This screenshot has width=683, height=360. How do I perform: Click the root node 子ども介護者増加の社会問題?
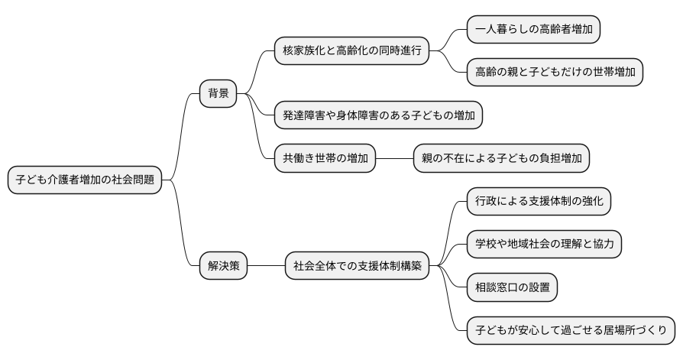point(85,180)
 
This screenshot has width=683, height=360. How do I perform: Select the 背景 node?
point(218,94)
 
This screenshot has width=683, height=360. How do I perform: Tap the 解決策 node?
point(223,266)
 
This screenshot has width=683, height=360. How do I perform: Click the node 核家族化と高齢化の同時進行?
point(351,51)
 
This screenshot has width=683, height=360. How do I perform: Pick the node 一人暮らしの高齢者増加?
point(533,30)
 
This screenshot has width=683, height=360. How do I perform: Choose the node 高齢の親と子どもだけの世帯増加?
point(555,73)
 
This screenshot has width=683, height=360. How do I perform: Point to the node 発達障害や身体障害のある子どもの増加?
point(378,115)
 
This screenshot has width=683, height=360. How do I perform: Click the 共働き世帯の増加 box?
point(325,158)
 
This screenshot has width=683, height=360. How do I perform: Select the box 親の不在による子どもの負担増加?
point(501,158)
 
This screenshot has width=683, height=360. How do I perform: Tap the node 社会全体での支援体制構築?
point(357,266)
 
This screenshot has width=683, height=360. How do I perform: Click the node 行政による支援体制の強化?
point(539,202)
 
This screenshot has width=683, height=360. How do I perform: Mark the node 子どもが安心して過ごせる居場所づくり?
point(571,330)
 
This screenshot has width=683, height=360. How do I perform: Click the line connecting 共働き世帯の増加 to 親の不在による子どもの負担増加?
point(394,158)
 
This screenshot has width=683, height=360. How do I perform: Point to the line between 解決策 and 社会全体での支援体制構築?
point(266,266)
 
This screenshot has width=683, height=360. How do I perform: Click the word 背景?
point(218,94)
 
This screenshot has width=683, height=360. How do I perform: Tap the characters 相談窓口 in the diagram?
point(500,287)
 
